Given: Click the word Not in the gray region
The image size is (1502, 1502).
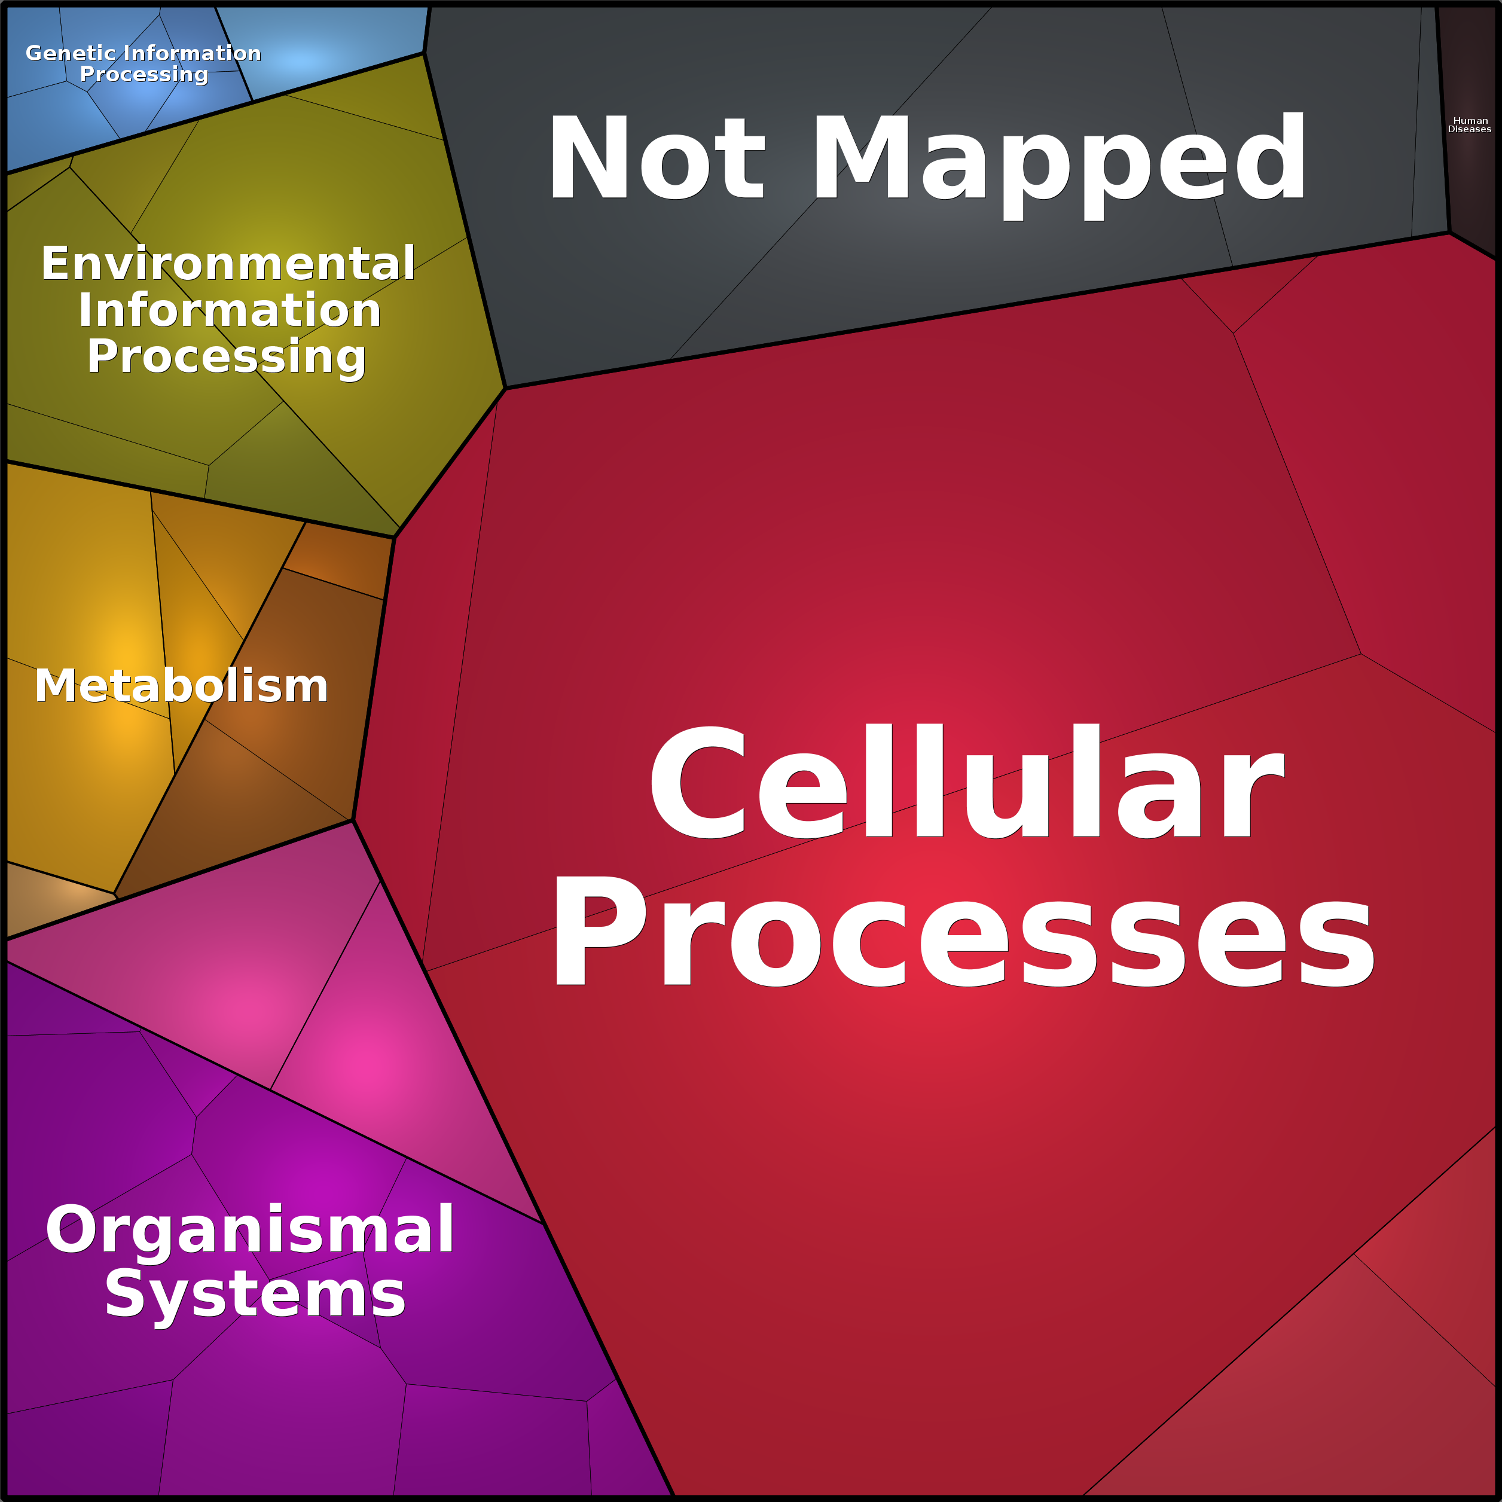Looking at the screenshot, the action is (x=657, y=157).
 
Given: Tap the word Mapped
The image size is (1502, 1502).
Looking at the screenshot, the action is (x=1059, y=166).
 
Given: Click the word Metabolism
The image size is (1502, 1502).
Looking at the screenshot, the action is (x=181, y=686).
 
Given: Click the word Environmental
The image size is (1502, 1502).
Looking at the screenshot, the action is (x=228, y=264).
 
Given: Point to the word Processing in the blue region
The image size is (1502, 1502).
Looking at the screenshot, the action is (x=145, y=75).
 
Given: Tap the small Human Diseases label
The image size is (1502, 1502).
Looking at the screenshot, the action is (x=1469, y=124).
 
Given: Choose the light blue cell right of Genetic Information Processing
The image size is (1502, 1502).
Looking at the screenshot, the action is (x=326, y=51).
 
